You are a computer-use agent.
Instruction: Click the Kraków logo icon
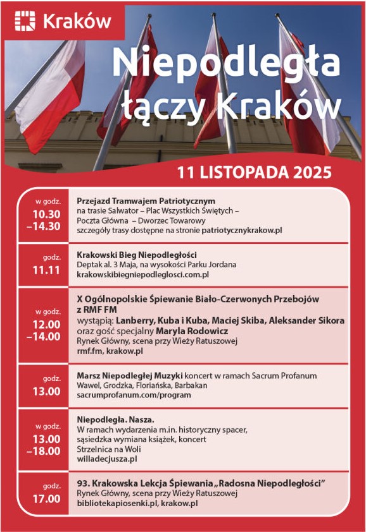(x=27, y=21)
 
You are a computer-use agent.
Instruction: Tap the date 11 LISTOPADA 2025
(x=255, y=172)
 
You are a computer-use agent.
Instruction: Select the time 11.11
(x=46, y=270)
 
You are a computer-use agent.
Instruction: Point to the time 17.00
(x=46, y=499)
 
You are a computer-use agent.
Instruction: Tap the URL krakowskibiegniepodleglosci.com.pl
(x=143, y=275)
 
